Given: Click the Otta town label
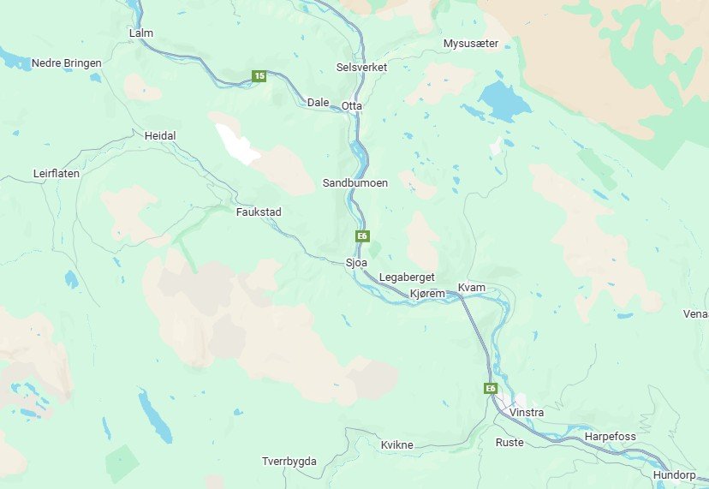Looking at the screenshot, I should coord(352,106).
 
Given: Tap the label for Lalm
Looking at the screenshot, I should coord(140,33).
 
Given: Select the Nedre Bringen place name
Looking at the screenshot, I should coord(66,63).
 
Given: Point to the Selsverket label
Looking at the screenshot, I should coord(362,67).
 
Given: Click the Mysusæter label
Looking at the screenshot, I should coord(471,43).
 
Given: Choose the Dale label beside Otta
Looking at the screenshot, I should coord(318,102).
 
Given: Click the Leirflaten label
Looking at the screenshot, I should coord(57,173).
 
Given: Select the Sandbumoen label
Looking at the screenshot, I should coord(355,183).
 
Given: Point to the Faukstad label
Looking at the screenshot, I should coord(259,212).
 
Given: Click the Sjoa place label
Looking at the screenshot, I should coord(355,262).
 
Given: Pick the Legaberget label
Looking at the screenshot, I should coord(407,277).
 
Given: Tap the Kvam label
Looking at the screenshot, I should coord(472,287).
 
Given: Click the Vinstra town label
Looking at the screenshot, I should coord(526,413).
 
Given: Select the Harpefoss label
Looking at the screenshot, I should coord(611,437).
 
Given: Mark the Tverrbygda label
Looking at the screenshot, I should coord(289,462).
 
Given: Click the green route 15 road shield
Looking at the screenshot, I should coord(259,76).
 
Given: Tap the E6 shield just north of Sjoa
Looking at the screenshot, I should coord(363,236).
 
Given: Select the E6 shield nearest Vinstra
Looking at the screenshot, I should coord(491,389).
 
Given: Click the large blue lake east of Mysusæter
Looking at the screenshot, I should coord(505,101).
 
